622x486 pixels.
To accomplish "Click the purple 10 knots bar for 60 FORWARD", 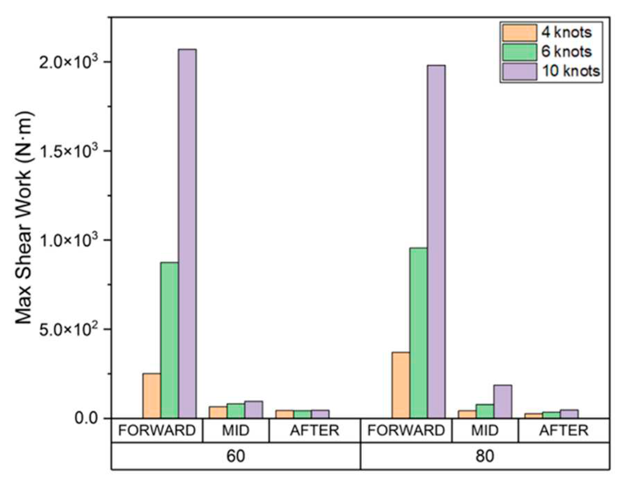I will pos(187,234).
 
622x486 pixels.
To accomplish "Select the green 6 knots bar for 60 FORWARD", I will pos(170,340).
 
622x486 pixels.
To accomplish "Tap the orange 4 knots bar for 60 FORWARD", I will pos(152,395).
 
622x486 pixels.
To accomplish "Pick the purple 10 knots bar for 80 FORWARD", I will pos(436,242).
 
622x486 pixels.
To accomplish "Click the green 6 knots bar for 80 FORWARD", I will pos(418,333).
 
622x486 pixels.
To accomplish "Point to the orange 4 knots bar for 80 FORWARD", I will pos(400,385).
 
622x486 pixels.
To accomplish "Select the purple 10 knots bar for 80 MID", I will pos(503,402).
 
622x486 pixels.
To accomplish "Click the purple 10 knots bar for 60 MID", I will pos(254,409).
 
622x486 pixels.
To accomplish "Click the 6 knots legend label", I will pos(566,52).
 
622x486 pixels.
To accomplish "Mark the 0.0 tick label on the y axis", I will pos(87,418).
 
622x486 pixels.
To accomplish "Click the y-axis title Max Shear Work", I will pos(24,218).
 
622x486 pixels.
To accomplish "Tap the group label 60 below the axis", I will pos(236,456).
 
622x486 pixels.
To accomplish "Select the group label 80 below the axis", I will pos(485,456).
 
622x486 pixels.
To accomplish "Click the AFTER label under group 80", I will pos(564,430).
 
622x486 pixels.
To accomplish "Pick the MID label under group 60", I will pos(236,430).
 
